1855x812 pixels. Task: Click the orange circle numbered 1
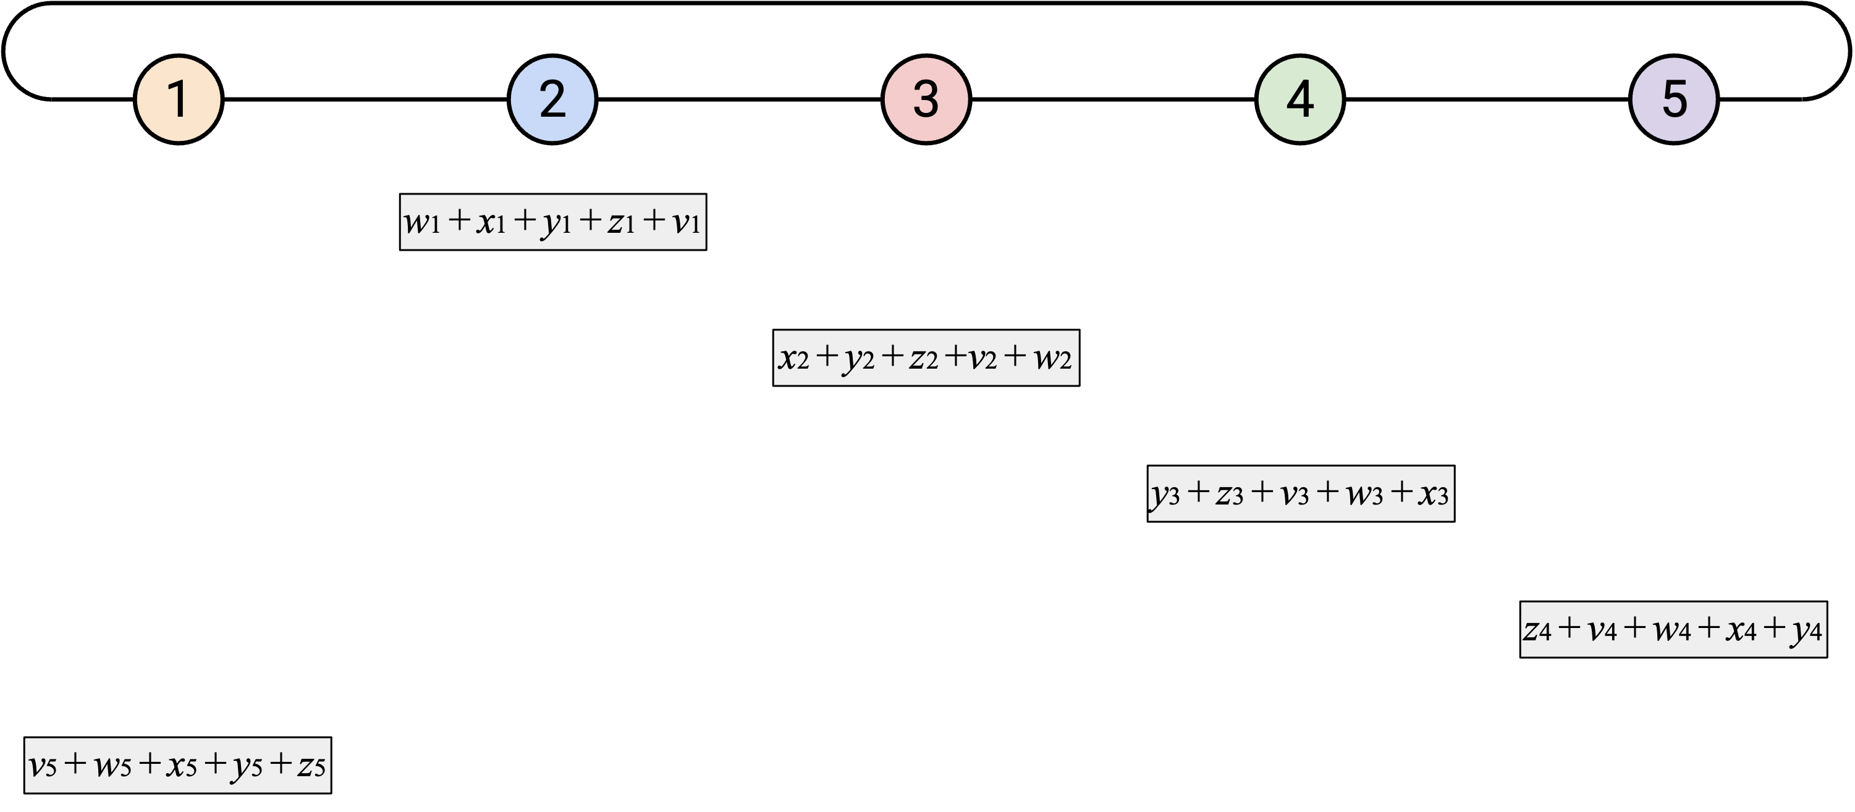tap(179, 99)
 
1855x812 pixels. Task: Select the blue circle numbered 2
tap(552, 99)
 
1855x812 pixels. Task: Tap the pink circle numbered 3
tap(926, 99)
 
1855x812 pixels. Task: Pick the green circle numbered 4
tap(1299, 99)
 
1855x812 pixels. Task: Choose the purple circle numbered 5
tap(1673, 99)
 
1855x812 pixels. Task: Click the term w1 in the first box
tap(422, 222)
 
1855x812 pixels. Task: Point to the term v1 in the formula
tap(687, 222)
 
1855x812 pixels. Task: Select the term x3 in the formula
tap(1433, 495)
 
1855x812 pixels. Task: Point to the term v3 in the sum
tap(1295, 495)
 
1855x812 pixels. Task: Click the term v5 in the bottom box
tap(43, 766)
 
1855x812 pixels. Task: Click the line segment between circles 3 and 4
tap(1113, 99)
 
